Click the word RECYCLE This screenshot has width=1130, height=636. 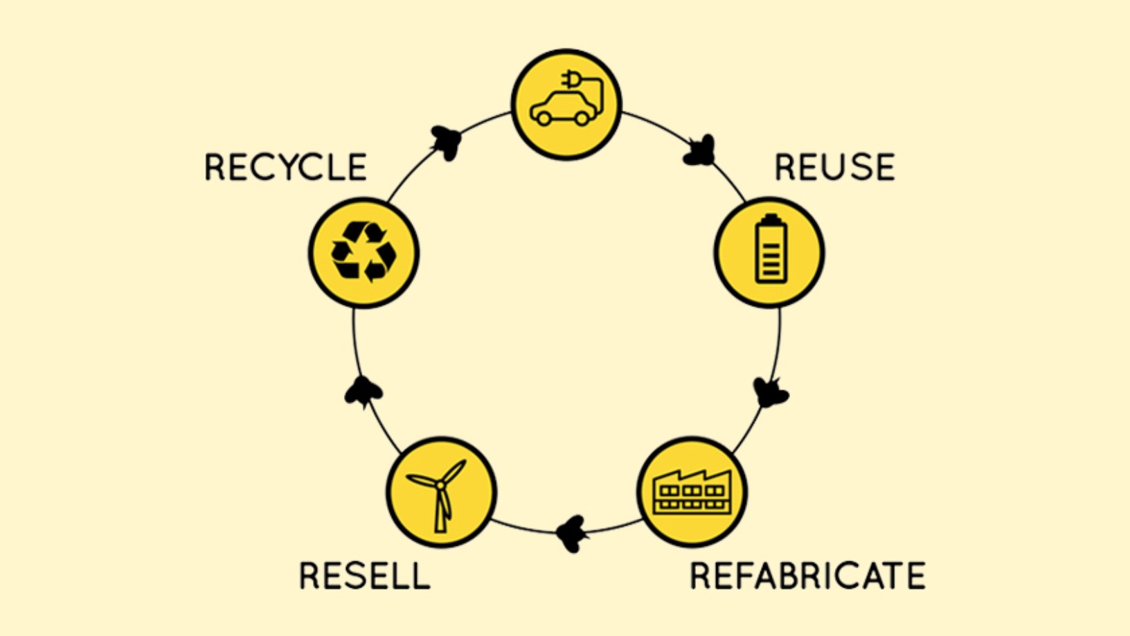tap(285, 168)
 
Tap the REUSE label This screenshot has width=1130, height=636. tap(834, 168)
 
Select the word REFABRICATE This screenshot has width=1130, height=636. tap(807, 576)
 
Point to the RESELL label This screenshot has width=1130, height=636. tap(364, 576)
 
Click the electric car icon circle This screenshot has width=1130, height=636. tap(566, 105)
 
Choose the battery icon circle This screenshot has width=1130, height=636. tap(769, 253)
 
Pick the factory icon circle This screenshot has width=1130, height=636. tap(692, 492)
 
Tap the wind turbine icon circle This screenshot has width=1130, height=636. tap(441, 492)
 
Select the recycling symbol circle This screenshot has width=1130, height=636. tap(364, 253)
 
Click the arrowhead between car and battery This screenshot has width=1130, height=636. tap(699, 151)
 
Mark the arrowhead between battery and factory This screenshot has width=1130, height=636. tap(770, 393)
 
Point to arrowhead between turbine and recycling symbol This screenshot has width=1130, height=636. tap(363, 392)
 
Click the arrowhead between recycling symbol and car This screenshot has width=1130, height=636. tap(446, 143)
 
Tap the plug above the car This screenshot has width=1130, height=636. tap(572, 80)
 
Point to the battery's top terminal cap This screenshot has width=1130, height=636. tap(771, 219)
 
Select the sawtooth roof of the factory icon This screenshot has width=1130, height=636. tap(692, 477)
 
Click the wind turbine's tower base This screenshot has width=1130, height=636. tap(440, 527)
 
